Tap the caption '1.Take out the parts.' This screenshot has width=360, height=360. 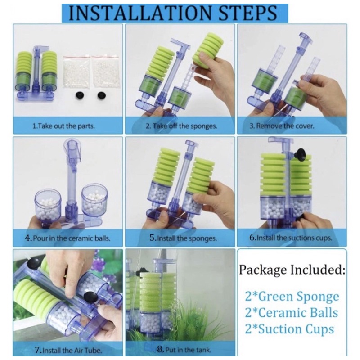pos(63,126)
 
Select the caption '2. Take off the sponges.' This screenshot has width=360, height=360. pos(181,126)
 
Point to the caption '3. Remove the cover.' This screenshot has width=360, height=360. pos(282,126)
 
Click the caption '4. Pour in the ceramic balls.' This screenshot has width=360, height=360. pos(67,238)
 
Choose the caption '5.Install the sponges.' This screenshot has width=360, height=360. pos(183,238)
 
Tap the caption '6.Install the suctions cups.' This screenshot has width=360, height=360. pos(291,238)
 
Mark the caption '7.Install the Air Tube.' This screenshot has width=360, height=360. pos(68,350)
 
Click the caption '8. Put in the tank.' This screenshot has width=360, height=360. pos(184,350)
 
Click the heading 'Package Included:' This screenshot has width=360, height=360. pos(292,270)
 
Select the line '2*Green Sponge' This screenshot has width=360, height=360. pos(292,297)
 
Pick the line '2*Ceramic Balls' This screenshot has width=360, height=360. pos(292,313)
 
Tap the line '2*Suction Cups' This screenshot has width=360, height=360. pos(289,329)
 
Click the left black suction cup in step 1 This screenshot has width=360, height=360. pos(80,94)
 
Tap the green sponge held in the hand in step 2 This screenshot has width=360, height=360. pos(205,49)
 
